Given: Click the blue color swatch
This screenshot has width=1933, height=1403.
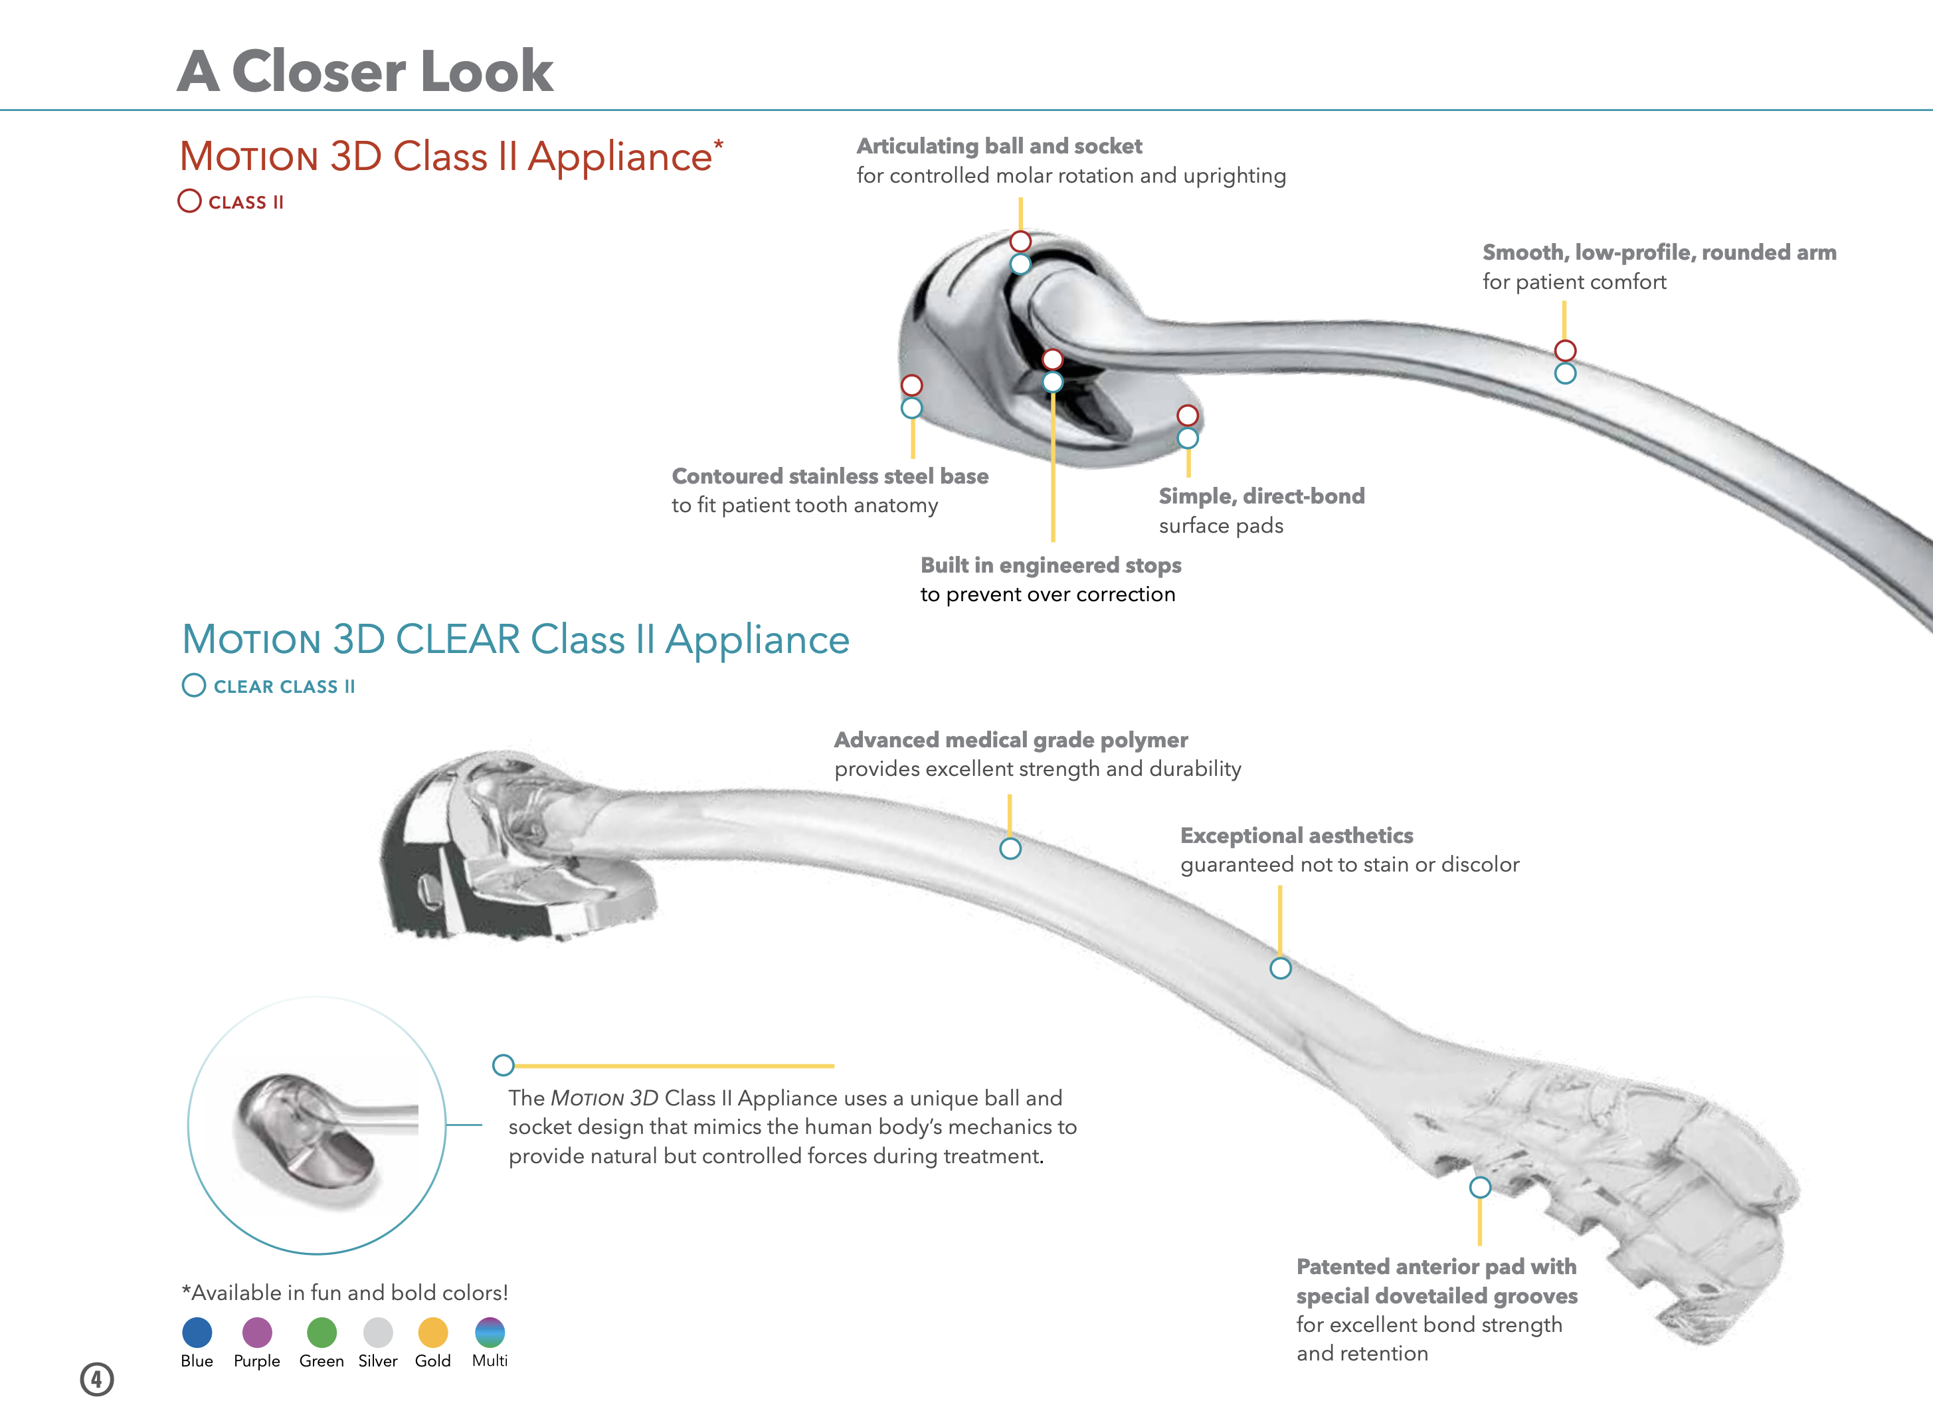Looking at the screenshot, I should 197,1331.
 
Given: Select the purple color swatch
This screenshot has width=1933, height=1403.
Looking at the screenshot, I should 256,1331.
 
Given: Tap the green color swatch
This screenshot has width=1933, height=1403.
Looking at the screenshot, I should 322,1331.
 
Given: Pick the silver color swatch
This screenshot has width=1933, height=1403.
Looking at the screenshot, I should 377,1331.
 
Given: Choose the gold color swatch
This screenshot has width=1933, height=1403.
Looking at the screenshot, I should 433,1331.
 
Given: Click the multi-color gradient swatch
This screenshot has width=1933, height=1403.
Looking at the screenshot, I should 490,1331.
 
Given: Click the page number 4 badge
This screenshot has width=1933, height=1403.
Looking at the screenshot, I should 96,1378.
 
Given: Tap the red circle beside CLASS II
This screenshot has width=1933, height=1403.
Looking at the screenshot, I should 189,201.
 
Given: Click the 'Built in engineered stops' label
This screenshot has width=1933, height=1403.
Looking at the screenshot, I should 1051,565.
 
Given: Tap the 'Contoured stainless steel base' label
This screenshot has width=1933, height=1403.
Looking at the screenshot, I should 830,476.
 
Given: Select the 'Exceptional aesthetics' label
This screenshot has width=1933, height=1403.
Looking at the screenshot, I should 1297,835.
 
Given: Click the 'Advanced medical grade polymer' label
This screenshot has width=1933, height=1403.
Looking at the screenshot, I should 1011,740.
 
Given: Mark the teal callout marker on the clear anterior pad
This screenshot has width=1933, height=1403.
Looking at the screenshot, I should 1481,1186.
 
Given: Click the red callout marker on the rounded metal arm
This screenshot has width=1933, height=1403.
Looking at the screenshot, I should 1565,350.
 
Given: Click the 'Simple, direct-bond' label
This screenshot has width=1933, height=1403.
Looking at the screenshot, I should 1261,496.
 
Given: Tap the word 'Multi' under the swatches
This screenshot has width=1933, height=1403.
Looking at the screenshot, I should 490,1360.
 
